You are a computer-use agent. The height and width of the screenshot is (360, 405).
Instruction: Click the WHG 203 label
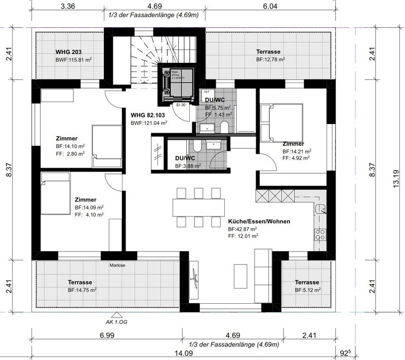point(68,52)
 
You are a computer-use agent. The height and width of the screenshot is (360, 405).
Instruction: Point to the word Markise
point(117,264)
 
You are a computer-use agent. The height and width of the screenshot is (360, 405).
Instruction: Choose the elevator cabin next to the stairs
point(177,84)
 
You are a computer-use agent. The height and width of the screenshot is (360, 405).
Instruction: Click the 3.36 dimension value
point(68,7)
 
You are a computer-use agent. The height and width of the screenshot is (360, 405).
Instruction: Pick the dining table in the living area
point(196,207)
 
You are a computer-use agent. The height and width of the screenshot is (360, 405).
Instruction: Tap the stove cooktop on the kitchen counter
point(320,234)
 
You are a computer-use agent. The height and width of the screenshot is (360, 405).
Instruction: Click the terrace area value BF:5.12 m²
point(307,291)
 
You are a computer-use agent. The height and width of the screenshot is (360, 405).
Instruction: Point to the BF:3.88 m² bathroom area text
point(188,166)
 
